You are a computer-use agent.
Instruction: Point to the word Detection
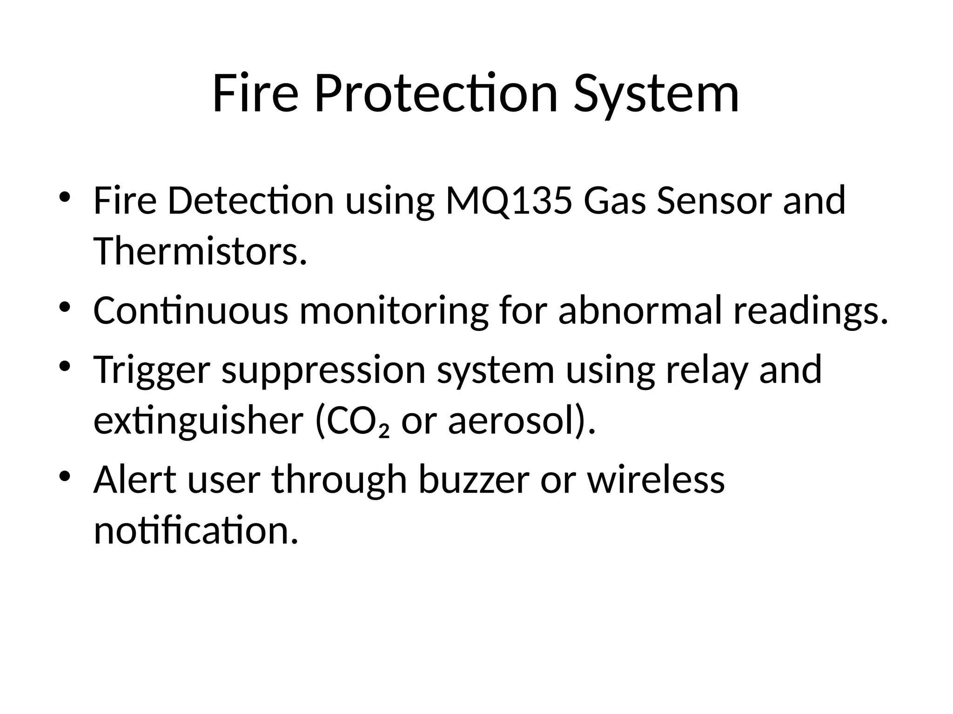pyautogui.click(x=251, y=201)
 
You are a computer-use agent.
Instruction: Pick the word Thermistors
pyautogui.click(x=200, y=251)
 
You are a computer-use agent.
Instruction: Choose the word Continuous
pyautogui.click(x=191, y=311)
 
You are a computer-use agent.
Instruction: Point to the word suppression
pyautogui.click(x=324, y=370)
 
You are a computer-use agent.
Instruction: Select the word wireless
pyautogui.click(x=656, y=480)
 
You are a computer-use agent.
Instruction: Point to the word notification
pyautogui.click(x=195, y=530)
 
